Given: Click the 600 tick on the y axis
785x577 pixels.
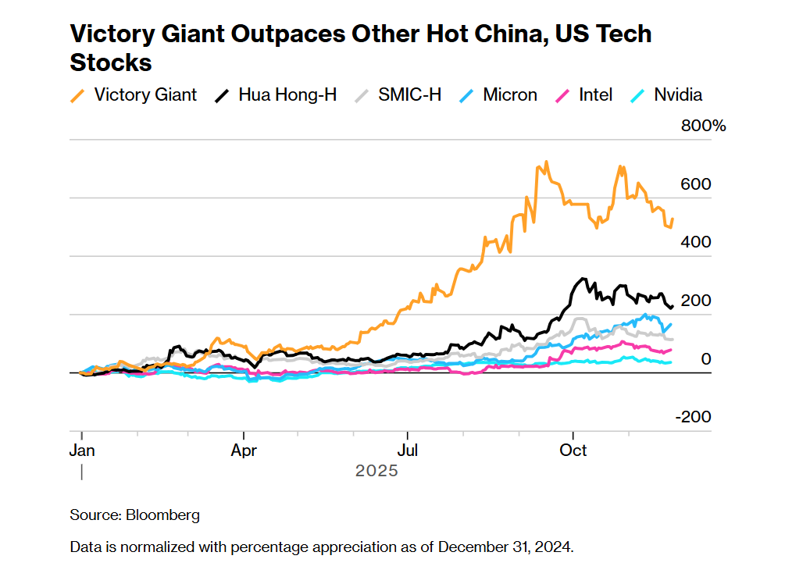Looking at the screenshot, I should pos(696,184).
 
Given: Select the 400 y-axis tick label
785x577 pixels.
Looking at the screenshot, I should pos(696,242).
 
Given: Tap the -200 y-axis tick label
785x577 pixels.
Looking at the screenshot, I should pos(693,417).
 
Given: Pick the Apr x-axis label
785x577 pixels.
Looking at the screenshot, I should pos(244,451).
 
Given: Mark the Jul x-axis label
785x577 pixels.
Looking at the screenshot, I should pos(407,451).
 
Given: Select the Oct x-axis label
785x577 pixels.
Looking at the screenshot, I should pos(574,451).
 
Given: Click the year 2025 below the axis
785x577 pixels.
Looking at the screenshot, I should pos(376,471).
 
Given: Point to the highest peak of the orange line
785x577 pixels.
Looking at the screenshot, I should pos(546,162).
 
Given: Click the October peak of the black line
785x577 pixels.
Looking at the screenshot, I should pos(582,279).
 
